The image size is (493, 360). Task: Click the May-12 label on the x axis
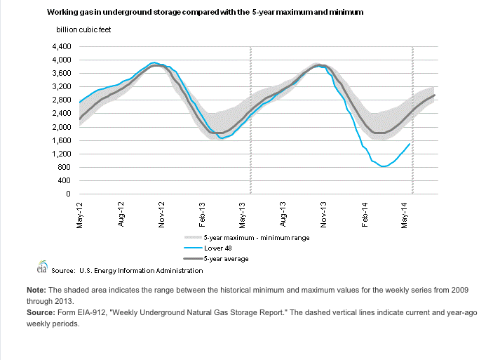(81, 215)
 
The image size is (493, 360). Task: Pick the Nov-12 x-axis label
(162, 215)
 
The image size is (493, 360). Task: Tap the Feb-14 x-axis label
(365, 215)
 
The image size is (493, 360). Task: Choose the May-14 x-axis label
(406, 215)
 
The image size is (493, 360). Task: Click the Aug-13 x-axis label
(284, 215)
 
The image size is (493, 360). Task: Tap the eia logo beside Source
(41, 268)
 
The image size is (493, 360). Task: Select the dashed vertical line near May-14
(412, 119)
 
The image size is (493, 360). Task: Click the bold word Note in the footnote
(36, 290)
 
